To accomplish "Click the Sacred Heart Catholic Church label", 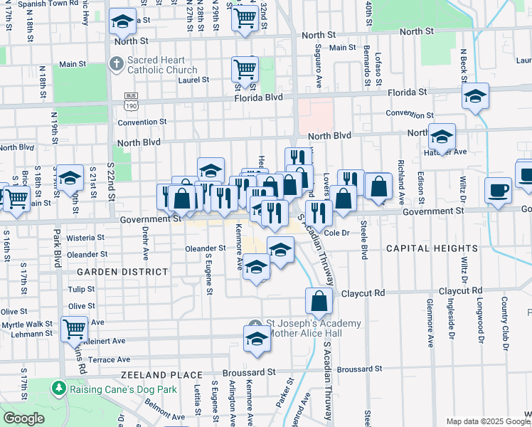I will (162, 65).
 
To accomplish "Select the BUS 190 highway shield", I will (130, 100).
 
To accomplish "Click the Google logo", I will (23, 418).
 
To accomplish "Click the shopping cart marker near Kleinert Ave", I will (74, 328).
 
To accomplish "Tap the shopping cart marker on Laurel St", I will (245, 70).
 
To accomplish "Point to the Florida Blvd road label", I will (259, 97).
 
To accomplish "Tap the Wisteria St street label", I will (85, 238).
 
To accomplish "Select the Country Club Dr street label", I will (504, 324).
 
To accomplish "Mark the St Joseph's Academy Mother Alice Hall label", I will (313, 328).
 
